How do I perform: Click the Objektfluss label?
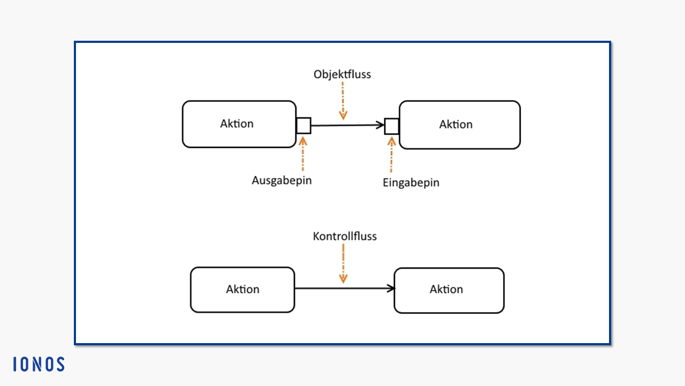tap(342, 75)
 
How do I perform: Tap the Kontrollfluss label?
tap(345, 236)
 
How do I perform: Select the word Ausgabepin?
tap(281, 181)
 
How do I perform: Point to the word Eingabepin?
tap(411, 183)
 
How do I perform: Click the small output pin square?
tap(303, 125)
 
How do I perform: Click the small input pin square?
tap(392, 126)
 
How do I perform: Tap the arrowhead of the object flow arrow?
tap(380, 125)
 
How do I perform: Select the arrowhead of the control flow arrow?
tap(391, 288)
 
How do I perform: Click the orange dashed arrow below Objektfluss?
tap(343, 101)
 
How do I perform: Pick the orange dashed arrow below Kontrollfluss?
tap(343, 263)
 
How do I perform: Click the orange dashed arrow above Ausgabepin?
tap(303, 154)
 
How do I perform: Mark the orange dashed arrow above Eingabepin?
tap(391, 155)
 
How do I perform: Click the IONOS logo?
tap(39, 364)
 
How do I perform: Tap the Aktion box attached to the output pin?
tap(239, 124)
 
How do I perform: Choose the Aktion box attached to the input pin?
tap(460, 125)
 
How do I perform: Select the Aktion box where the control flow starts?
tap(242, 290)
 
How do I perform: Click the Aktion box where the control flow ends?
tap(449, 291)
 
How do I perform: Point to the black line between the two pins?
tap(348, 125)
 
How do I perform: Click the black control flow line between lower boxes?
tap(345, 288)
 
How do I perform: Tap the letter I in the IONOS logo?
tap(14, 364)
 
